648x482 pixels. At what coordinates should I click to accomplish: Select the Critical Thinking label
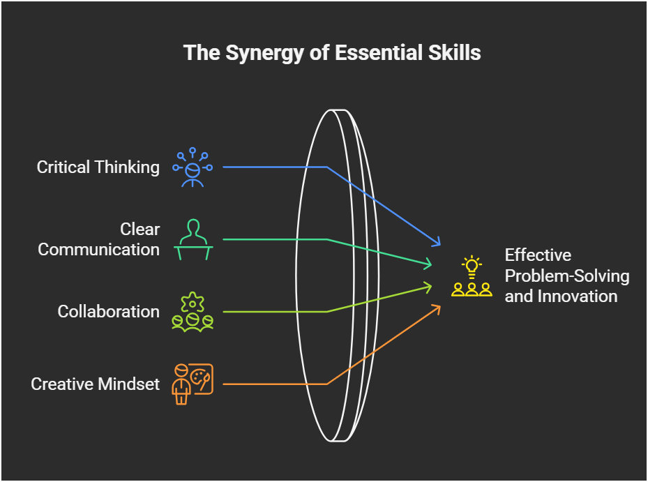(x=98, y=167)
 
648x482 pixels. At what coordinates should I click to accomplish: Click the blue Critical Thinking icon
(x=193, y=167)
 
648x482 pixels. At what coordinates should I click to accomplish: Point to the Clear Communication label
(x=98, y=239)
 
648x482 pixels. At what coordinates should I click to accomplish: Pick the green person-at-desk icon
(x=193, y=239)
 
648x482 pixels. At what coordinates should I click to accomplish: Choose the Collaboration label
(x=108, y=311)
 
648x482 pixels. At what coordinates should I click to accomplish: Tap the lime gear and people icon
(x=193, y=311)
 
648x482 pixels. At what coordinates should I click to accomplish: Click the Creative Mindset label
(x=96, y=384)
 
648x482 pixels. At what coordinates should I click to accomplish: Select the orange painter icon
(x=193, y=384)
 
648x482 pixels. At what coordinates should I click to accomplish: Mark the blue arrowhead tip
(x=441, y=246)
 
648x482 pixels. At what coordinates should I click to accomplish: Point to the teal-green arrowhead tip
(x=432, y=264)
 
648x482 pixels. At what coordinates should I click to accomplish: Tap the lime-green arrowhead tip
(x=432, y=285)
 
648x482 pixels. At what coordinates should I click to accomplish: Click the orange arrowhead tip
(x=441, y=305)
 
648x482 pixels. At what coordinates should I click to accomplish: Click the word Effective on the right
(x=538, y=255)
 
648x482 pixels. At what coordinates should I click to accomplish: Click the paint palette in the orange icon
(x=202, y=377)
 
